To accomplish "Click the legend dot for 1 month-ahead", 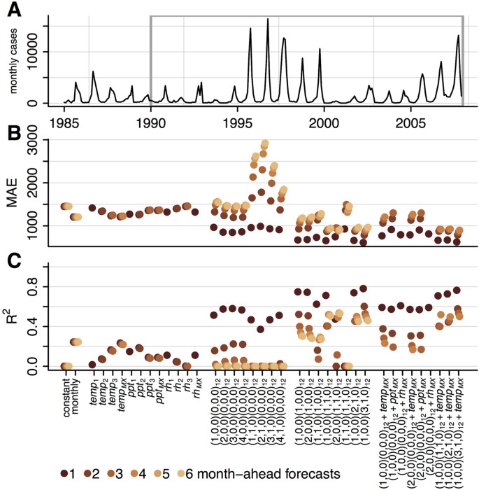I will click(65, 475).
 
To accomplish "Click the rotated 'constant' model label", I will click(67, 397).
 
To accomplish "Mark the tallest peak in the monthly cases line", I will click(268, 20).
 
